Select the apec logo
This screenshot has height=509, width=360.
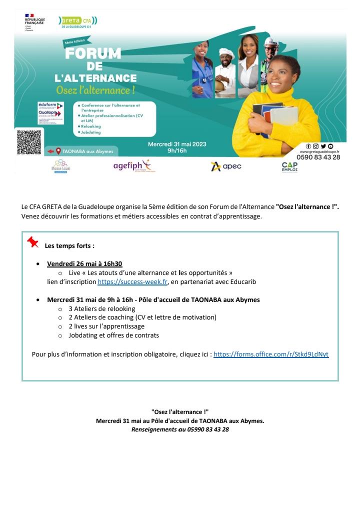point(226,166)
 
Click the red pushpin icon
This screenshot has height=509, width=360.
point(33,242)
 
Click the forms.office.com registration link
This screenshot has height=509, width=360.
point(271,354)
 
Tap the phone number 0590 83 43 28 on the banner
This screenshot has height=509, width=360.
point(318,157)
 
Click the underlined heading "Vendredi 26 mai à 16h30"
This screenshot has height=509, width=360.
point(84,263)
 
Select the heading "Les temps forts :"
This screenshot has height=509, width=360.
point(69,245)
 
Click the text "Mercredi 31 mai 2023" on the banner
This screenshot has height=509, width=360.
point(177,143)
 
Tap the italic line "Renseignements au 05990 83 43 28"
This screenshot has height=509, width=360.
point(180,429)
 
